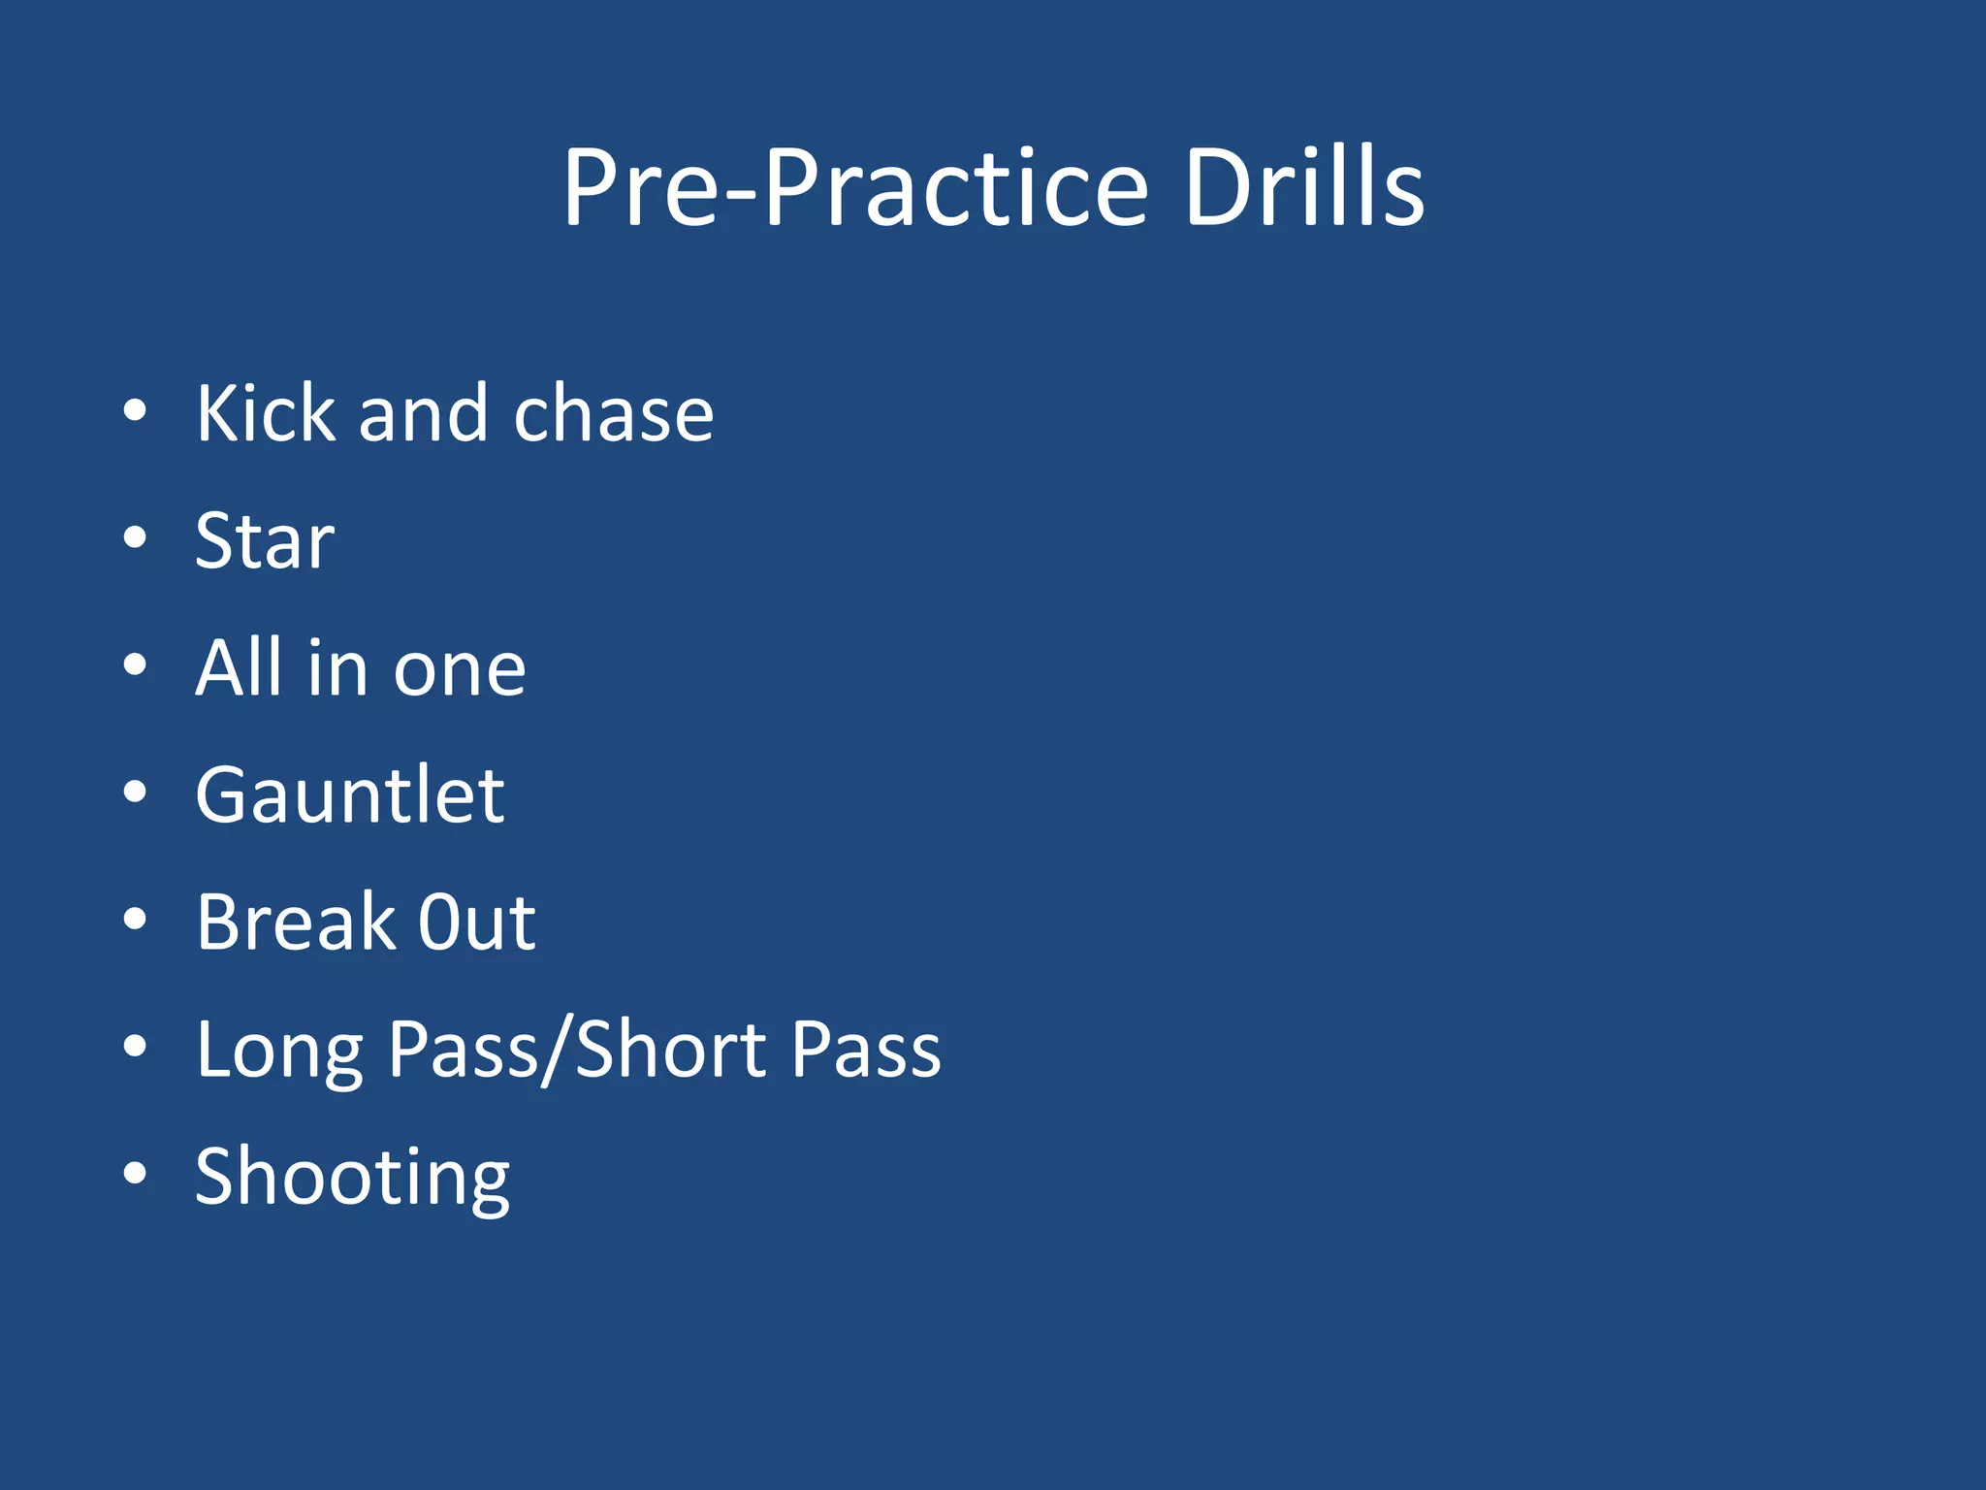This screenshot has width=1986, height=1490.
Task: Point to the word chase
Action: (614, 415)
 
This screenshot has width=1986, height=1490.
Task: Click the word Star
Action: (265, 541)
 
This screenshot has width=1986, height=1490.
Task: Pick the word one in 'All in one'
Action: (460, 669)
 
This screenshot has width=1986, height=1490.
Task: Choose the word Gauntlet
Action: (350, 795)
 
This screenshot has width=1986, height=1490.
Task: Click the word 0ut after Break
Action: (476, 923)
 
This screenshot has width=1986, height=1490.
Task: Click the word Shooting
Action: (352, 1178)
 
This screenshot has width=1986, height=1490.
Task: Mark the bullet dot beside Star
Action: (135, 537)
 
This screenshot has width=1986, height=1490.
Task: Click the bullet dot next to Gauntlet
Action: (135, 792)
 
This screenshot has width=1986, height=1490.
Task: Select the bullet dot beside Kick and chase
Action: (135, 410)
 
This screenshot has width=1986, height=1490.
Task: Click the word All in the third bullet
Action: (239, 668)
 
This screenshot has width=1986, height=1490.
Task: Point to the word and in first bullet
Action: (422, 415)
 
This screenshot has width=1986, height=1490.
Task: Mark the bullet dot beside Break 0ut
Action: (135, 919)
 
